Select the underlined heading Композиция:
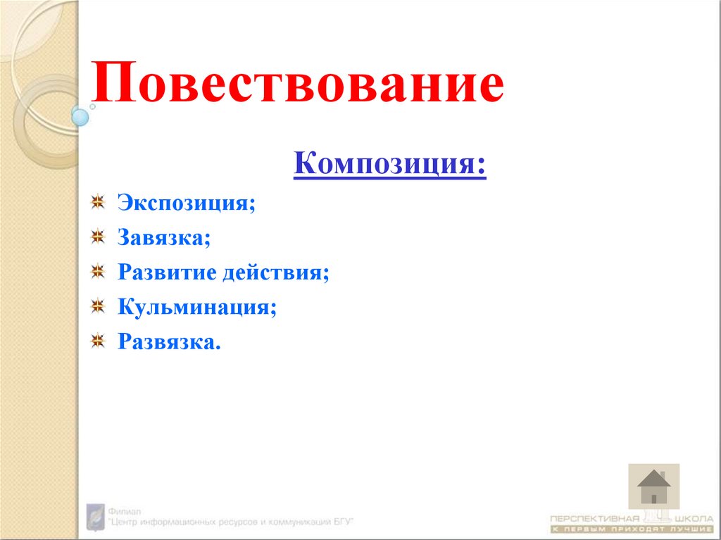coord(389,166)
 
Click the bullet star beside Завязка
coord(98,237)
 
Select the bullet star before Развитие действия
coord(98,272)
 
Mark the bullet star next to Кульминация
coord(98,306)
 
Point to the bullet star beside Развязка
coord(98,341)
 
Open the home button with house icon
coord(653,486)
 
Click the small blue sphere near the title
coord(80,116)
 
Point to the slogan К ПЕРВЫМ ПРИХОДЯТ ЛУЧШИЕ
coord(631,528)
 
